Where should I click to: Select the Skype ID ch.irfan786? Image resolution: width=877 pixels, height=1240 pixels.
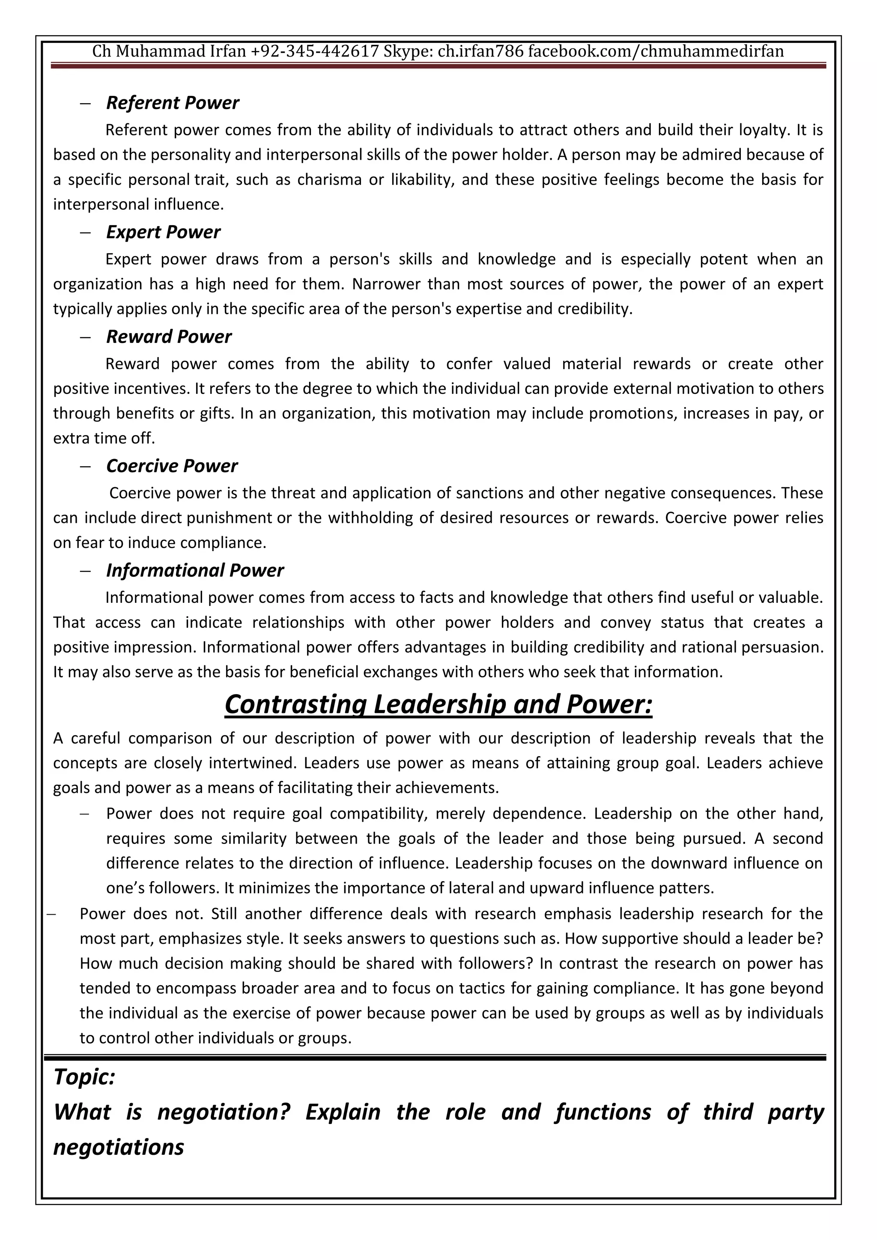pos(480,51)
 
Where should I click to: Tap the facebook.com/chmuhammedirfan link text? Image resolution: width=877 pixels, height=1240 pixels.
pos(656,51)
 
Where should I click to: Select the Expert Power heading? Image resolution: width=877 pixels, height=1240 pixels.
pos(163,232)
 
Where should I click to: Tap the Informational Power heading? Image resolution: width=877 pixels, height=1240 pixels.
pos(194,570)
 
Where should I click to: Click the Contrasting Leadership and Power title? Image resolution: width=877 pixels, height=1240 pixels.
pos(438,704)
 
